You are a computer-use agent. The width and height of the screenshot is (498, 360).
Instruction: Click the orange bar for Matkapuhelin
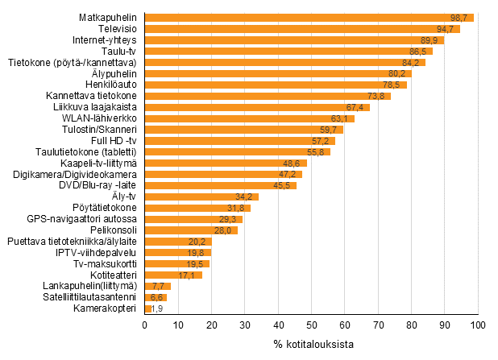[309, 17]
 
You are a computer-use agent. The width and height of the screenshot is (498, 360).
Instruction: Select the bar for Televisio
[302, 28]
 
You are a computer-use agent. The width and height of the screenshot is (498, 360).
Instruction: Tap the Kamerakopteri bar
[147, 308]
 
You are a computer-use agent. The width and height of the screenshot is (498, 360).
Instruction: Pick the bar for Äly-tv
[201, 197]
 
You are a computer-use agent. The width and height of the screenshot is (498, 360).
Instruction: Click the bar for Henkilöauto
[276, 85]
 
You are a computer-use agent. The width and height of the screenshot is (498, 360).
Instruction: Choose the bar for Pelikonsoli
[191, 230]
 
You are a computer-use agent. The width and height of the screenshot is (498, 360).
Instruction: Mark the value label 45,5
[283, 185]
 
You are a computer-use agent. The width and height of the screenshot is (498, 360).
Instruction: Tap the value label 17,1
[188, 275]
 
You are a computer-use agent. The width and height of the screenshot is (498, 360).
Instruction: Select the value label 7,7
[159, 286]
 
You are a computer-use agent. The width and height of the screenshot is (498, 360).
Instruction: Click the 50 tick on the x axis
[311, 325]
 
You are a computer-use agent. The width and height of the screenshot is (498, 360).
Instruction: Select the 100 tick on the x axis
[478, 325]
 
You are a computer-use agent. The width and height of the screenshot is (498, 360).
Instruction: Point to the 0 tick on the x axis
[144, 325]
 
